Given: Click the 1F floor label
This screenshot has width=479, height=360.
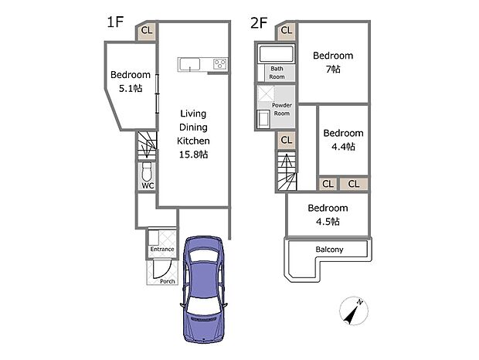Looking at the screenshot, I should click(x=116, y=22).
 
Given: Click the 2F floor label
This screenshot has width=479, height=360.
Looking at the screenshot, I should click(x=259, y=22).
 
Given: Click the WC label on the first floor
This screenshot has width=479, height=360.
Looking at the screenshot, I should click(x=148, y=185).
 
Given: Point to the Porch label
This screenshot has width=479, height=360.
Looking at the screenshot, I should click(x=166, y=281).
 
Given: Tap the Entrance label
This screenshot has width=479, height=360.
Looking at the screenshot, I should click(x=161, y=250).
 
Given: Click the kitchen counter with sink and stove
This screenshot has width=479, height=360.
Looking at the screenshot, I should click(x=203, y=65).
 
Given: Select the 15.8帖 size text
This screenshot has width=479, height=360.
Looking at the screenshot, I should click(x=192, y=155).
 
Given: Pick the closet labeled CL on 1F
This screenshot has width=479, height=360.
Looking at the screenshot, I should click(x=147, y=31).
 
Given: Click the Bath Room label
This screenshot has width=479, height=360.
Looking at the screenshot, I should click(x=277, y=73).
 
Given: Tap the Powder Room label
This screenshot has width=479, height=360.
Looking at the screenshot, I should click(x=282, y=109).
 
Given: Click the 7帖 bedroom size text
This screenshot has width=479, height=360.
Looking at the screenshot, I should click(x=333, y=70).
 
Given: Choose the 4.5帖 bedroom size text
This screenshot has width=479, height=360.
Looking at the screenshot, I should click(x=328, y=221).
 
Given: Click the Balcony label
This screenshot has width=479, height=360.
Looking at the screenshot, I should click(x=329, y=250).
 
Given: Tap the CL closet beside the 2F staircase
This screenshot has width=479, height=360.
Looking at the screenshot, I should click(x=286, y=140).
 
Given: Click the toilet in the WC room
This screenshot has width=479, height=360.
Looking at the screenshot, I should click(x=148, y=172).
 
